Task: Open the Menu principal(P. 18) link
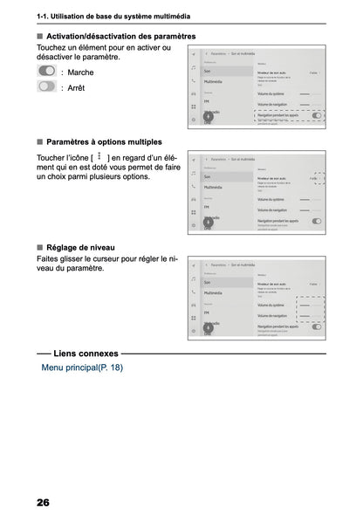[88, 367]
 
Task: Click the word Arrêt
[77, 87]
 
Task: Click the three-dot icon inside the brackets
[99, 156]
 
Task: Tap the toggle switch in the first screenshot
[316, 114]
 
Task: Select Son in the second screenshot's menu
[208, 175]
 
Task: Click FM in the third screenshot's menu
[207, 312]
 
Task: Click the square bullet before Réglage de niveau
[40, 247]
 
